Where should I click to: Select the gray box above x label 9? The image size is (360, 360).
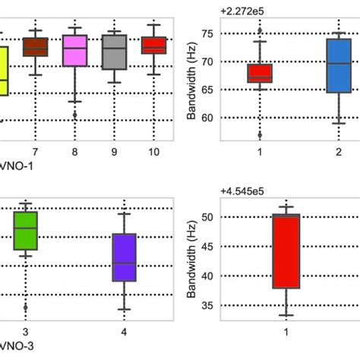(x=114, y=52)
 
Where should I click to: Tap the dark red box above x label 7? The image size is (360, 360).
(x=35, y=47)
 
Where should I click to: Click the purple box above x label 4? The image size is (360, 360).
(x=124, y=257)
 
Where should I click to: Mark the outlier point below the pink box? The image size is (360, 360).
(x=74, y=115)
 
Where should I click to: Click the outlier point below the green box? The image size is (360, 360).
(x=26, y=308)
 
